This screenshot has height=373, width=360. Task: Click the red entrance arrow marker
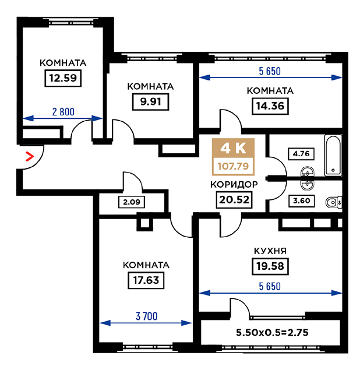pyautogui.click(x=30, y=156)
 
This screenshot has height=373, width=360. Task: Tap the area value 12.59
pyautogui.click(x=63, y=78)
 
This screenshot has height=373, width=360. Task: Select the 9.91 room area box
pyautogui.click(x=150, y=102)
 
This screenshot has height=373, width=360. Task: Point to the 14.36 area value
pyautogui.click(x=270, y=106)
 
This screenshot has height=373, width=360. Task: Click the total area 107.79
pyautogui.click(x=233, y=166)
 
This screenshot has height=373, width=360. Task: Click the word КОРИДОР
pyautogui.click(x=234, y=184)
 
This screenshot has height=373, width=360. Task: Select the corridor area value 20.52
pyautogui.click(x=234, y=200)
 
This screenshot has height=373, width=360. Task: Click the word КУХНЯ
pyautogui.click(x=270, y=251)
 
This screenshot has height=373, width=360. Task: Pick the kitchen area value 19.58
pyautogui.click(x=270, y=266)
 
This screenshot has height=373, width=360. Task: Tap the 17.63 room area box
pyautogui.click(x=146, y=280)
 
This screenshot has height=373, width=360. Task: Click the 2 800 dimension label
pyautogui.click(x=63, y=112)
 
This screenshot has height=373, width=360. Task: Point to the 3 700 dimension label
pyautogui.click(x=146, y=316)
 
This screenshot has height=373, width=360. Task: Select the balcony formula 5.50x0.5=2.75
pyautogui.click(x=272, y=332)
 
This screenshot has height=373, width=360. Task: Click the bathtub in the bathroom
pyautogui.click(x=333, y=156)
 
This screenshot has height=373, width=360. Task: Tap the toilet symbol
pyautogui.click(x=334, y=203)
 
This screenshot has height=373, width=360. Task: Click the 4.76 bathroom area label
pyautogui.click(x=301, y=154)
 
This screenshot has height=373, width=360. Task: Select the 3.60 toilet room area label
pyautogui.click(x=301, y=200)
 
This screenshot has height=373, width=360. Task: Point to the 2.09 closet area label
pyautogui.click(x=132, y=202)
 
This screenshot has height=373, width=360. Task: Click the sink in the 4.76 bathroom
pyautogui.click(x=308, y=172)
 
